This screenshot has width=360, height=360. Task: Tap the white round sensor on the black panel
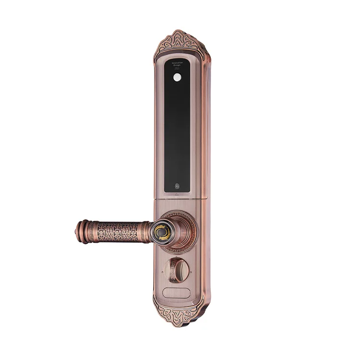[x=178, y=77]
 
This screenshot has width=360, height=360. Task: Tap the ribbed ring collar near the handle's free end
[x=87, y=232]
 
